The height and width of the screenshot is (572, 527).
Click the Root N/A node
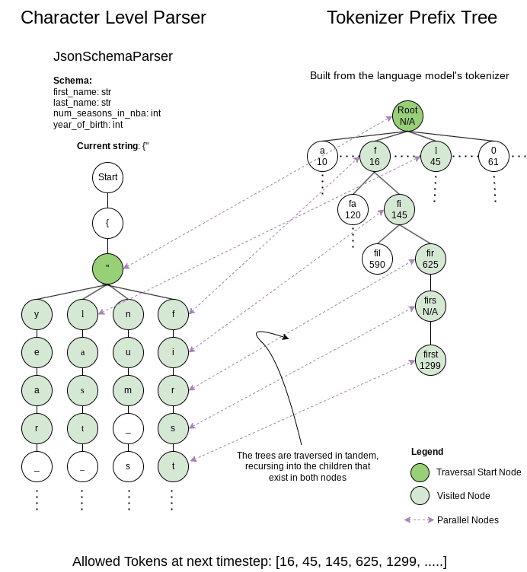point(407,116)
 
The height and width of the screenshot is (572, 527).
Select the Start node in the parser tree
point(107,177)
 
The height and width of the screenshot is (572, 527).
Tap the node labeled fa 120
point(353,209)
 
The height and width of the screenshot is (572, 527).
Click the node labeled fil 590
point(377,259)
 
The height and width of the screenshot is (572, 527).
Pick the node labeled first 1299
point(430,360)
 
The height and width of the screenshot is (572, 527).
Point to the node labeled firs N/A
point(430,306)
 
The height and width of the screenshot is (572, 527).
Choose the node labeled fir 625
point(430,259)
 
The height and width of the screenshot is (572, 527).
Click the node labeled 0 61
point(493,156)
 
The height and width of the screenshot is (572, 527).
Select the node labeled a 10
point(322,156)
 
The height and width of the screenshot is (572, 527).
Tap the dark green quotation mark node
point(107,269)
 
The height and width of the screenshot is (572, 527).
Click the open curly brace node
point(107,223)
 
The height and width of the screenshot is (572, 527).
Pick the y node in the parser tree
point(37,313)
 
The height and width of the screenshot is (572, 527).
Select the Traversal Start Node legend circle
point(419,472)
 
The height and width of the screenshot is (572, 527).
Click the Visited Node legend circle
point(419,495)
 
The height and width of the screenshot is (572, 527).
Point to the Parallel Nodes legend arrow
point(419,520)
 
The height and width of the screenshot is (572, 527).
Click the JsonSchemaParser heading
point(113,56)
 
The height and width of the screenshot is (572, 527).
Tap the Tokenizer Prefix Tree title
point(411,17)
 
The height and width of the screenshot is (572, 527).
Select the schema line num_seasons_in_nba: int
point(107,113)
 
